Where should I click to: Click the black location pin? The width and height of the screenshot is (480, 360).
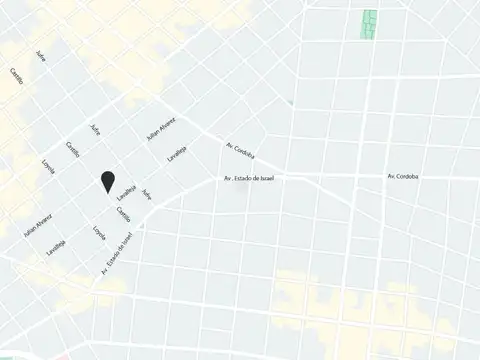click(x=106, y=180)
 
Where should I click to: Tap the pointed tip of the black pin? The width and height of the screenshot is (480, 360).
click(x=106, y=191)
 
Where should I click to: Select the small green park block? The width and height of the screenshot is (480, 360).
click(x=369, y=24)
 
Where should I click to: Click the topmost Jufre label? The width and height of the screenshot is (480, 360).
click(x=41, y=56)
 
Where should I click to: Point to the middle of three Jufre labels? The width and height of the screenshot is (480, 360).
click(x=95, y=130)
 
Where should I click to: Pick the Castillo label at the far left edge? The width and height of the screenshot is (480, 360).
click(x=17, y=77)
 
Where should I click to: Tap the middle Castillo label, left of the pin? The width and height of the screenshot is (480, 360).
click(x=73, y=151)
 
